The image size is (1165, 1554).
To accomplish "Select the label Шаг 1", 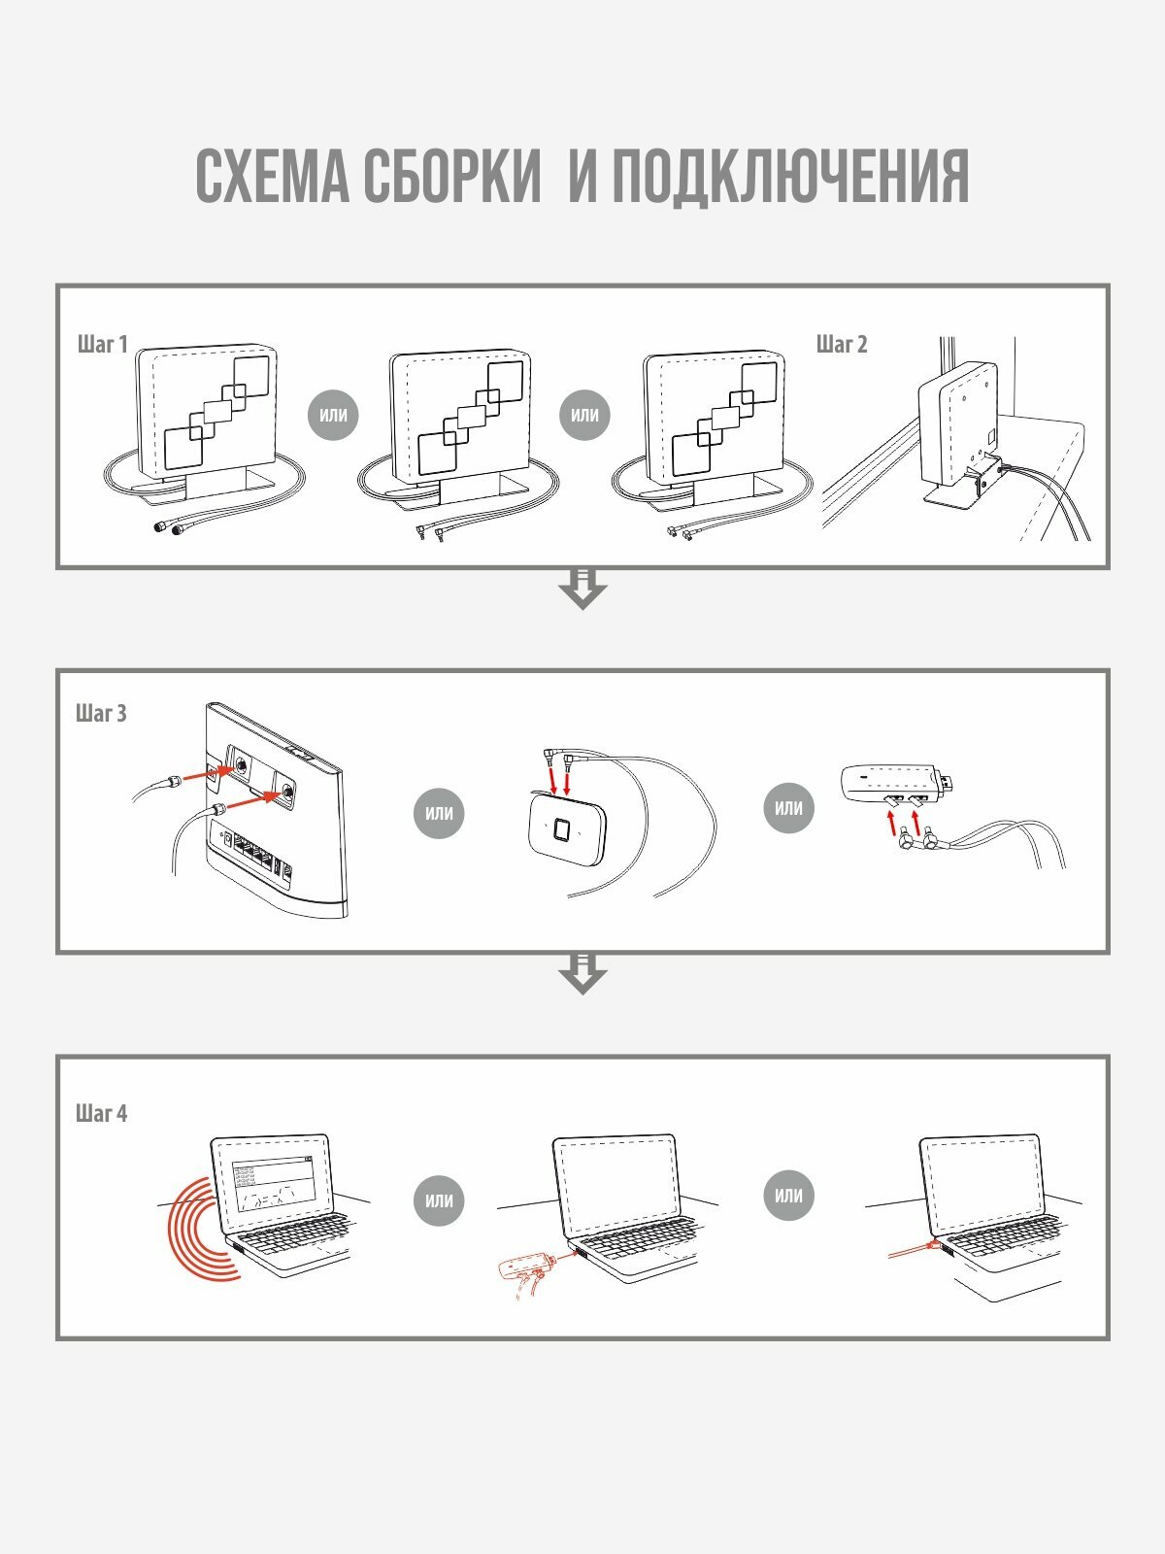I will (x=102, y=344).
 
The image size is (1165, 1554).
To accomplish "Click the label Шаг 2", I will (x=842, y=344).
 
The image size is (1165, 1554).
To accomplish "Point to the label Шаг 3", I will (x=101, y=713).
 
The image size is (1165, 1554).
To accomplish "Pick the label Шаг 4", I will (x=101, y=1113).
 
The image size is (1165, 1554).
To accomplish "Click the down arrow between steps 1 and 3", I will (x=582, y=589).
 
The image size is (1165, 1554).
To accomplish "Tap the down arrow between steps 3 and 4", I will (x=582, y=973).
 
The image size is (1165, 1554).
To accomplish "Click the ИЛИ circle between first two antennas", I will (x=333, y=415).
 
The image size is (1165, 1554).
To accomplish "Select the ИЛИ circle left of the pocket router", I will (x=439, y=813).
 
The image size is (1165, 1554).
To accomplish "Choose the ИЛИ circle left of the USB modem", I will (x=788, y=807).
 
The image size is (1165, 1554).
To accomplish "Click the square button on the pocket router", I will (x=562, y=830).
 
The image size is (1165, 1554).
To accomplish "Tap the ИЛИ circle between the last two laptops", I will (x=788, y=1196).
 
